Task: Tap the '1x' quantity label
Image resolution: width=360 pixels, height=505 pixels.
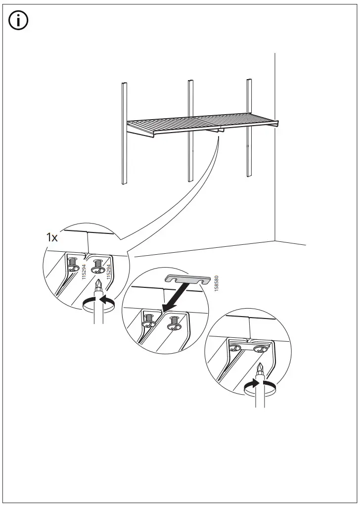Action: click(52, 237)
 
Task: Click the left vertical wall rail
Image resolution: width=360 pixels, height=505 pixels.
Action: click(125, 134)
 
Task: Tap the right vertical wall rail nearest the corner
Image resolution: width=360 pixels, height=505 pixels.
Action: click(248, 127)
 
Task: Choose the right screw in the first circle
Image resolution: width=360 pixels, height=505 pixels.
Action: click(97, 268)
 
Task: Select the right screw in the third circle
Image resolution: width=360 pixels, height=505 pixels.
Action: click(260, 349)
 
